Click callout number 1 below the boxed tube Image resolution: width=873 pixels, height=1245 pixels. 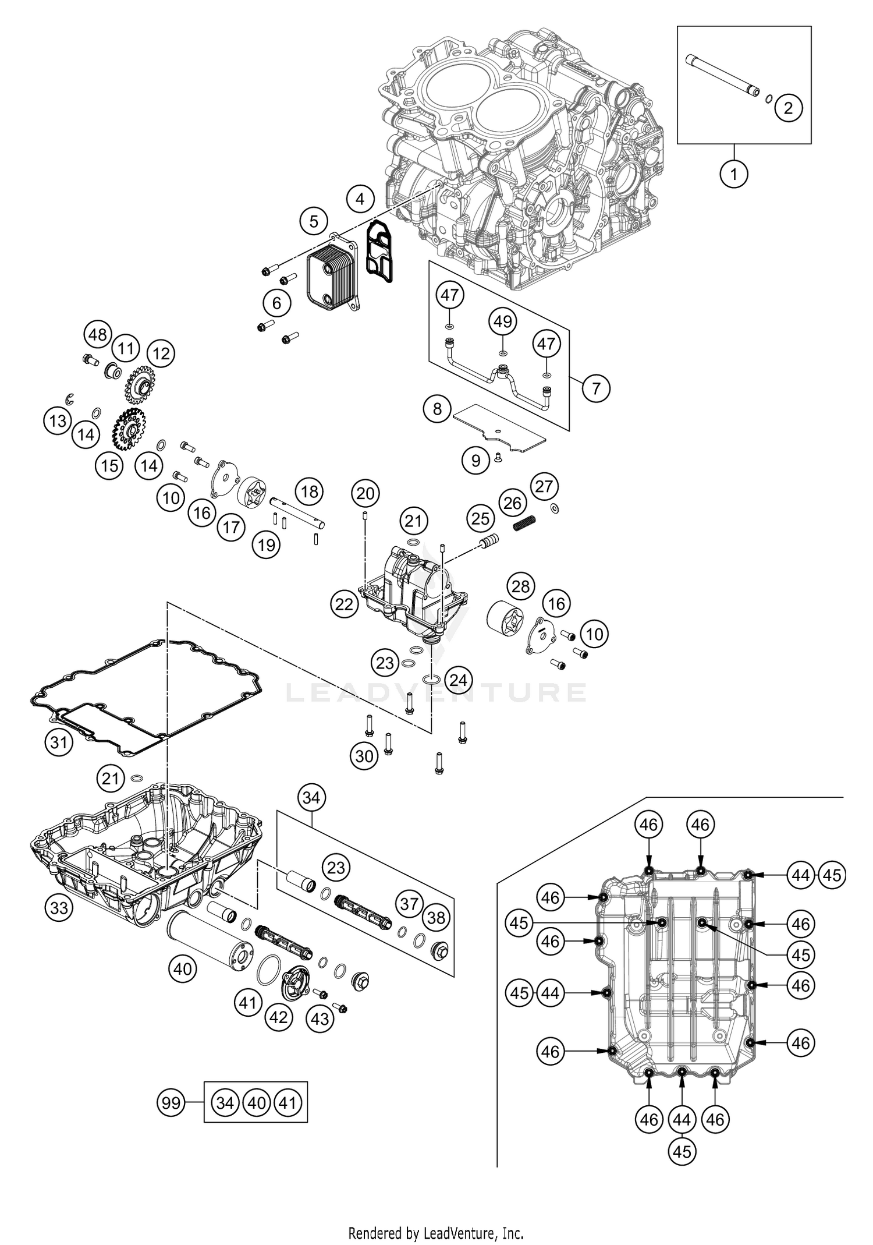click(x=733, y=174)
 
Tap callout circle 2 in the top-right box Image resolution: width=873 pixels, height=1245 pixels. click(x=789, y=108)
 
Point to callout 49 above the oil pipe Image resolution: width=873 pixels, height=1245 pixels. click(x=503, y=321)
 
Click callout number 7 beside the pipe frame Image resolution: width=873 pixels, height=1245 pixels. click(x=596, y=388)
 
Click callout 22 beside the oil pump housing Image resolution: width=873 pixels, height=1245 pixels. click(x=344, y=604)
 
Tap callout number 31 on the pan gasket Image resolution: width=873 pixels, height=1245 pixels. click(x=58, y=742)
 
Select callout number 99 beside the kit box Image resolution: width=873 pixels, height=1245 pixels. click(x=171, y=1102)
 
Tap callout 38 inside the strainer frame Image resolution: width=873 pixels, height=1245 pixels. click(x=436, y=918)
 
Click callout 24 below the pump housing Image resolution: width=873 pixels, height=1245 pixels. click(x=458, y=680)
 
